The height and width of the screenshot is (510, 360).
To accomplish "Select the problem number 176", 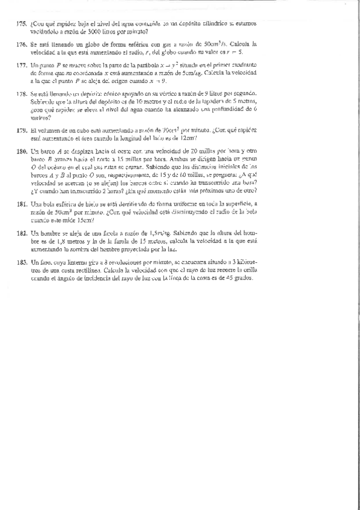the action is point(21,44).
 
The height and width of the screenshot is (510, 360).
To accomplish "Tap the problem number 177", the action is point(21,64).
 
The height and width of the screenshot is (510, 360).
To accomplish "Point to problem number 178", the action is point(21,94).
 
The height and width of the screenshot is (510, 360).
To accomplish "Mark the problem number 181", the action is point(21,204).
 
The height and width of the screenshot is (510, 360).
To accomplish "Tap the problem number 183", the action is point(21,263).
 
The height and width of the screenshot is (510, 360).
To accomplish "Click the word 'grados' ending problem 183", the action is point(245,278).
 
